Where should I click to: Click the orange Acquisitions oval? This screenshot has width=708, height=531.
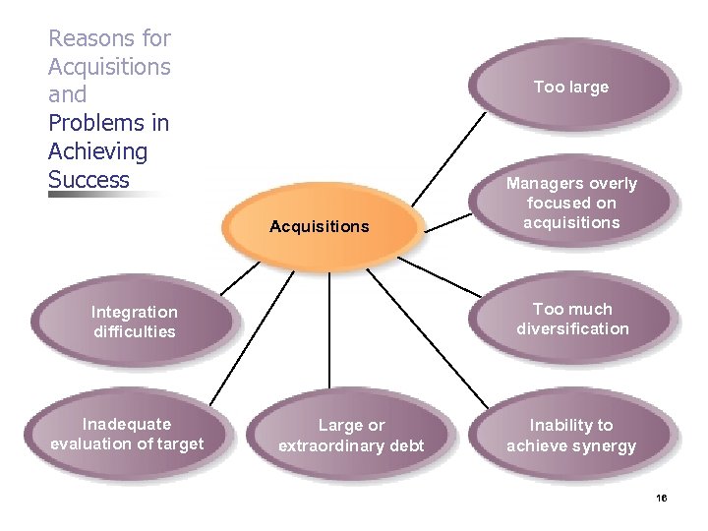point(320,227)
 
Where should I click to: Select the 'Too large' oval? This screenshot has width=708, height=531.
point(571,88)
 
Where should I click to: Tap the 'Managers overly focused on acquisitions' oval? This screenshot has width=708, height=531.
point(571,204)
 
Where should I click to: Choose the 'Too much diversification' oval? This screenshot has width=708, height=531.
point(571,319)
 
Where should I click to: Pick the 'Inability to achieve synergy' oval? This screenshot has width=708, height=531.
point(571,436)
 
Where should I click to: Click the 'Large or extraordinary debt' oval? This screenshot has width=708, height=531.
point(351,436)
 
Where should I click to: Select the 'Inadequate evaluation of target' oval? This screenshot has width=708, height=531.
point(127,434)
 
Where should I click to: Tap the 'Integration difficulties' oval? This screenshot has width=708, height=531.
point(134,322)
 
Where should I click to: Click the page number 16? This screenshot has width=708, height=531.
point(661,499)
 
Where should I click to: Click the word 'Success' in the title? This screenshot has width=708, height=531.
point(88,180)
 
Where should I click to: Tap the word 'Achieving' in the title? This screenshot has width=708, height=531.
point(97,151)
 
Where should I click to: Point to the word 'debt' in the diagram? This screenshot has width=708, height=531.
point(405,445)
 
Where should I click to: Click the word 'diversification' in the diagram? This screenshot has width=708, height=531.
point(572,328)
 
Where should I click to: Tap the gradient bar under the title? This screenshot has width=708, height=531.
point(108,195)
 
